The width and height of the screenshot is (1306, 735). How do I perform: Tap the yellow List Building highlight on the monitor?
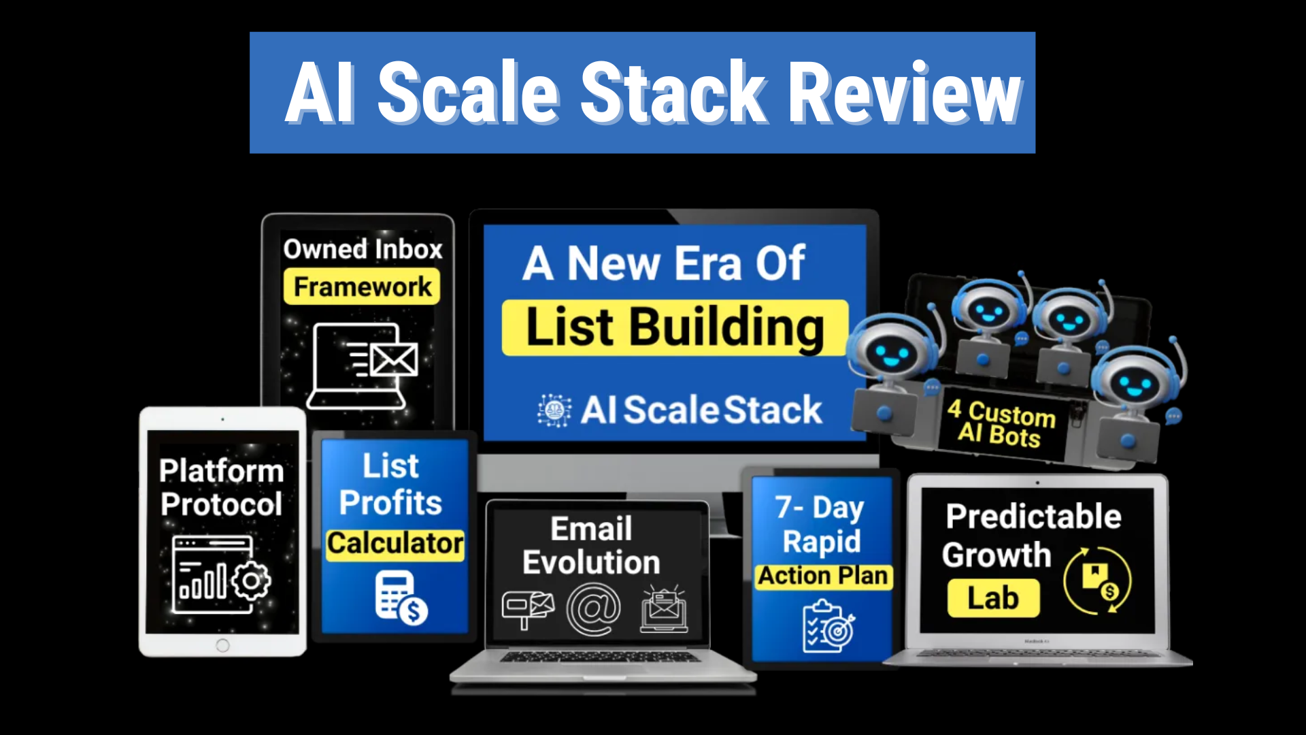(675, 328)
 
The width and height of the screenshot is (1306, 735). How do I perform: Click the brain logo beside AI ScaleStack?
(554, 410)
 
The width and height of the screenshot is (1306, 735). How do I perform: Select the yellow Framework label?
(362, 287)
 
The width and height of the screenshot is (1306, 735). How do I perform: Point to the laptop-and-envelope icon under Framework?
(363, 366)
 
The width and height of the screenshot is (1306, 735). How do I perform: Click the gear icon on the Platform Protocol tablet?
(251, 581)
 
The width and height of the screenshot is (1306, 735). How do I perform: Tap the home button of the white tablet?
(222, 645)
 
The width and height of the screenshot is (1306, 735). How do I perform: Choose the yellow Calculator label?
(395, 544)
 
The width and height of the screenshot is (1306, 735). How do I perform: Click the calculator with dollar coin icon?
(401, 598)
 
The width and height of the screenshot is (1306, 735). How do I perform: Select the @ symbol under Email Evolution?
(594, 610)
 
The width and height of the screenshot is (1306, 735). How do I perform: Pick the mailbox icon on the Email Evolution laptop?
(528, 610)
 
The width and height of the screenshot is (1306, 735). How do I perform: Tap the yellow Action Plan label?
(823, 576)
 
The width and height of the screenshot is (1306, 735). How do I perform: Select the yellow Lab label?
(993, 599)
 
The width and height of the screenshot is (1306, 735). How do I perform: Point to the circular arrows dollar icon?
(1097, 581)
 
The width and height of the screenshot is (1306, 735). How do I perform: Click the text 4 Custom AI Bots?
(1001, 423)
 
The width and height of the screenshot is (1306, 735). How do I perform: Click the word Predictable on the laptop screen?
(1033, 517)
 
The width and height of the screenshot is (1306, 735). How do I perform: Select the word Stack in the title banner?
(673, 92)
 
